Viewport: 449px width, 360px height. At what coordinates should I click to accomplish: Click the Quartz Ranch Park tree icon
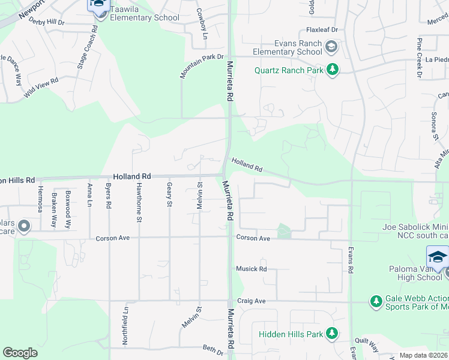tap(332, 70)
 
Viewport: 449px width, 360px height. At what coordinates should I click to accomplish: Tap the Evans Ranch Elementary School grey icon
tap(330, 46)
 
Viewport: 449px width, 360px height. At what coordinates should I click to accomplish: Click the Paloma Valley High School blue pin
tap(438, 257)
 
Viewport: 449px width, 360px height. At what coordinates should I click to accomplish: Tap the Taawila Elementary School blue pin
tap(98, 6)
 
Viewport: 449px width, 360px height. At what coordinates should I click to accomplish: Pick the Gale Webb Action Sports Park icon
tap(376, 301)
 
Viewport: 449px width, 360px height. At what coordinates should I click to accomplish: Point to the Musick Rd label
tap(251, 269)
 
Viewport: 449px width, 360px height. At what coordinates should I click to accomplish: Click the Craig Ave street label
tap(251, 301)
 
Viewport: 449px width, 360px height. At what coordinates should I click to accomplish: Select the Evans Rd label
tap(349, 262)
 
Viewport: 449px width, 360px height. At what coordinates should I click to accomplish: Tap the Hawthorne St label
tap(139, 202)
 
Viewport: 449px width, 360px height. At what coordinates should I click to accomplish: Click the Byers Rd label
tap(109, 196)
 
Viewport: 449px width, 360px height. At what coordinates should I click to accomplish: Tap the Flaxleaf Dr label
tap(322, 29)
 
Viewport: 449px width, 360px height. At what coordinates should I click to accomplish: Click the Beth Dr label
tap(212, 349)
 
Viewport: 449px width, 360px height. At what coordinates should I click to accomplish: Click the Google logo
tap(20, 353)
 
